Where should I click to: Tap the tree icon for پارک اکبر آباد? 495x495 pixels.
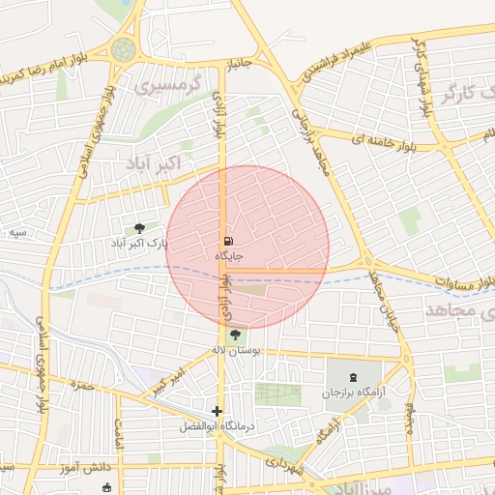tap(141, 228)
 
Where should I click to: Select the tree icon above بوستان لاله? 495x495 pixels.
tap(237, 335)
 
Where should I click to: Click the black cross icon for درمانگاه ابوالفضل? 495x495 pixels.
tap(218, 411)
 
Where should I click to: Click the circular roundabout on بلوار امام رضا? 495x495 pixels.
tap(124, 49)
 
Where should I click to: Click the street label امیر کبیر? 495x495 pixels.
tap(164, 377)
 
